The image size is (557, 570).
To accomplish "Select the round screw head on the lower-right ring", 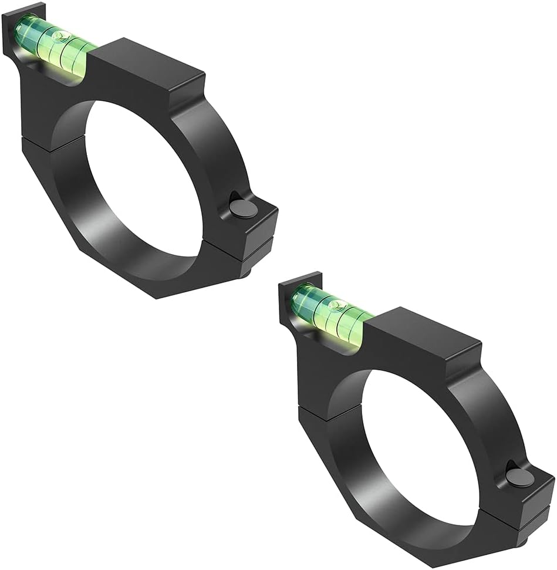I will (519, 477).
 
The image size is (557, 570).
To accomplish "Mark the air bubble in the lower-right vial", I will (336, 305).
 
